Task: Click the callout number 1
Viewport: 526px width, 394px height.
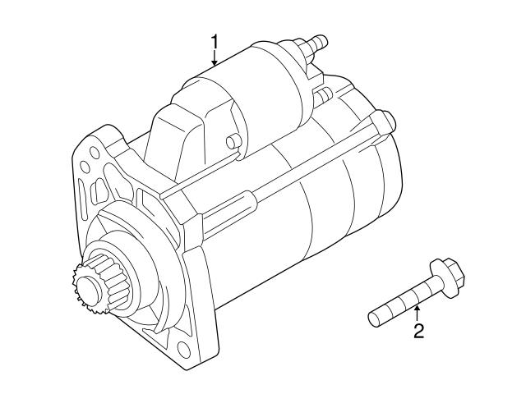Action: (215, 41)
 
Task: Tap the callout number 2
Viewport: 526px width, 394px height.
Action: (418, 332)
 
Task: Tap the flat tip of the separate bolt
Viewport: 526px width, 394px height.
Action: (373, 315)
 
